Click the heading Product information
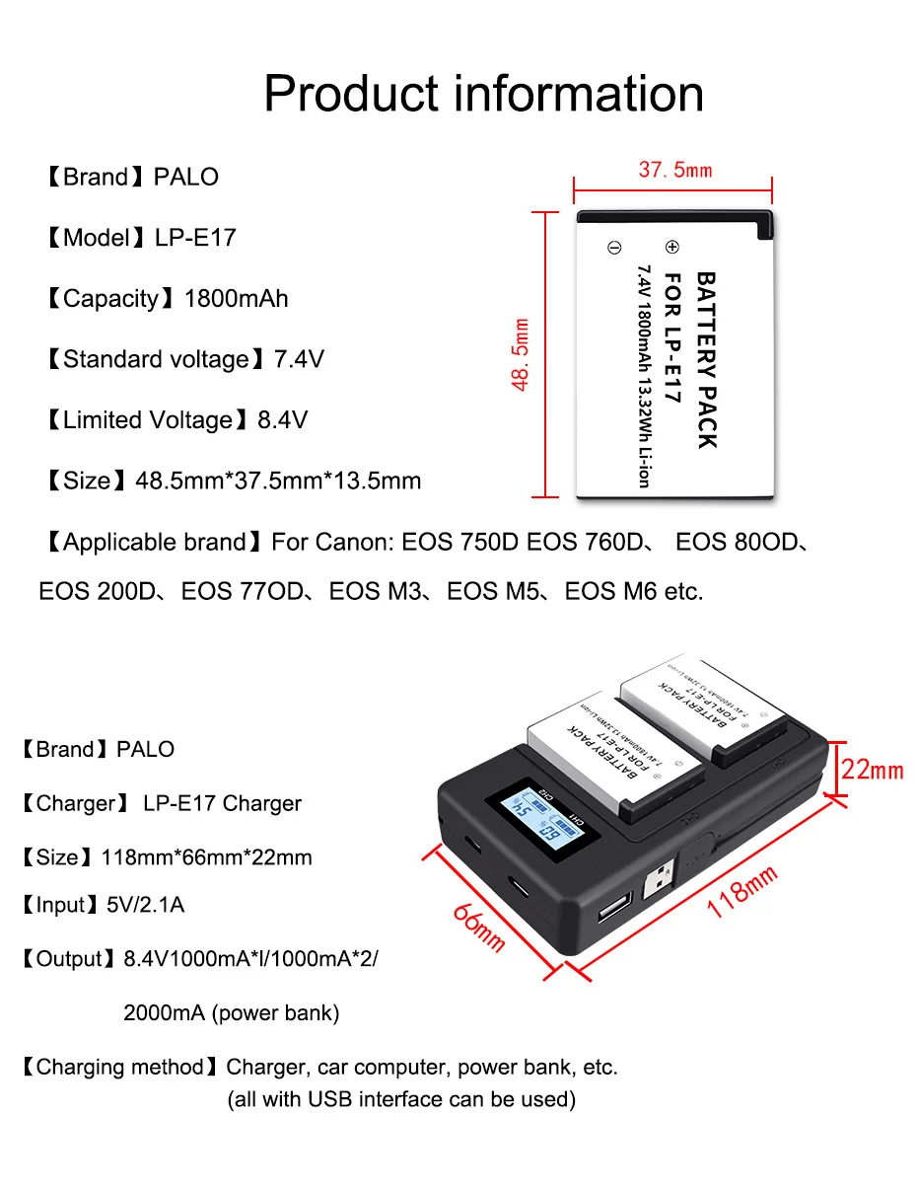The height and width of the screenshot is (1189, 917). tap(483, 94)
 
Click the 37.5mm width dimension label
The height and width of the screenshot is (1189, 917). tap(674, 170)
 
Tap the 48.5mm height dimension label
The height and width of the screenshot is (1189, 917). tap(522, 354)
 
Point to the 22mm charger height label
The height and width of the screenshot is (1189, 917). tap(872, 769)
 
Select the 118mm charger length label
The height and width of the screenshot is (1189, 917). tap(741, 891)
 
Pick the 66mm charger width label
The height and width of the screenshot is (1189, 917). tap(479, 927)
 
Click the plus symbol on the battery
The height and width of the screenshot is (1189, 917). tap(672, 247)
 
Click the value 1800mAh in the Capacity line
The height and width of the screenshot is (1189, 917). tap(237, 299)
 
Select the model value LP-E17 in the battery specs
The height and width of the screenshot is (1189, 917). tap(195, 238)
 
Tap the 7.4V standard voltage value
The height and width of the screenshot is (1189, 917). tap(299, 359)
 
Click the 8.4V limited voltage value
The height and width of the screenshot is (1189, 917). tap(282, 420)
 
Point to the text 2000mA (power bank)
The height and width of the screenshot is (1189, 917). tap(231, 1012)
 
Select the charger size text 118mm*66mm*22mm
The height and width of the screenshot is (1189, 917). tap(206, 856)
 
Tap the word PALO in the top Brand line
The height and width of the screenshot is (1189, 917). tap(186, 178)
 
